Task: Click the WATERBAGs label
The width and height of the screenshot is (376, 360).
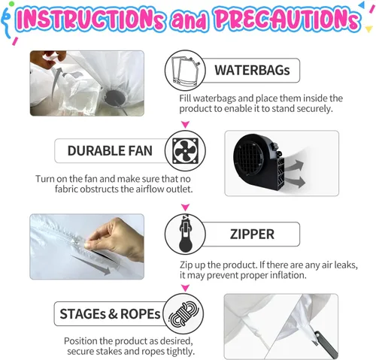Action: point(252,70)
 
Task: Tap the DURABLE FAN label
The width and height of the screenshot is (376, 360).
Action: point(110,151)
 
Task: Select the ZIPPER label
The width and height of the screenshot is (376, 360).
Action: point(252,234)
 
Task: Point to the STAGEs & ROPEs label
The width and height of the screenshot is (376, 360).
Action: point(110,314)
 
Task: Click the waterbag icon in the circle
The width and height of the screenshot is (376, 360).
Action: point(185,70)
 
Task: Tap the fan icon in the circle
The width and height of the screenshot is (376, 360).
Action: point(185,150)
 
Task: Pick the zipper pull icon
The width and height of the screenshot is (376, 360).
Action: point(186,234)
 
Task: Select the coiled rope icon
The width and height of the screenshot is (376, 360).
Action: point(183,313)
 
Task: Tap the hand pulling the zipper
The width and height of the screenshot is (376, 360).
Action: point(115,238)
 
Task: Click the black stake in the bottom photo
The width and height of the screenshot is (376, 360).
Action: point(326,344)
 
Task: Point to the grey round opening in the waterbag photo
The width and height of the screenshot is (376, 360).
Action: point(115,98)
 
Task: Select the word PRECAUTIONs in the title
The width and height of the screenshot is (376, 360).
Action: point(287,19)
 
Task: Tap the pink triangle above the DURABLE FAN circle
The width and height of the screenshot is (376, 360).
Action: point(185,124)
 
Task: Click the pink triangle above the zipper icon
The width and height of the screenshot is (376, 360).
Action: point(185,207)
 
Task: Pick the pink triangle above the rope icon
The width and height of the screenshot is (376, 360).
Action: point(185,288)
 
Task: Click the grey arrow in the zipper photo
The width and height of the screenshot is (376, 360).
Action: point(91,265)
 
